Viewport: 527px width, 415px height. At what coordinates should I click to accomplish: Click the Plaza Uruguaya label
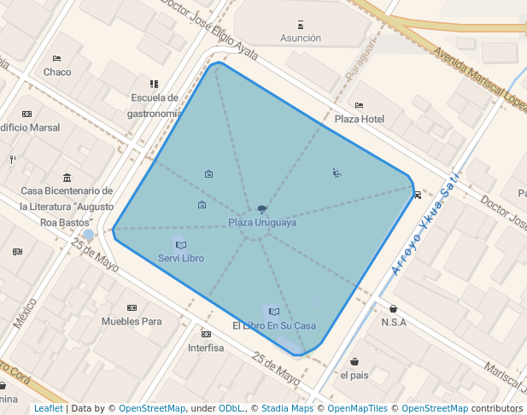262,223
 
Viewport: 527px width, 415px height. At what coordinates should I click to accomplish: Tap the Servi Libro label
181,258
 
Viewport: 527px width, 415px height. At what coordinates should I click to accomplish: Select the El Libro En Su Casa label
274,325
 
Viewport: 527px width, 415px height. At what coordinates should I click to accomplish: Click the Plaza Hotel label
360,119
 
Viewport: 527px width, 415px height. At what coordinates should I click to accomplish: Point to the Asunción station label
301,38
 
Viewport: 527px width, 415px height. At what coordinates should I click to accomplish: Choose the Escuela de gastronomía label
155,105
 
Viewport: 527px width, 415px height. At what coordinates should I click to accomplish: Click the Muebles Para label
132,321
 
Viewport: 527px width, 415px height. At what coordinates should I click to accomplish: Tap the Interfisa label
206,348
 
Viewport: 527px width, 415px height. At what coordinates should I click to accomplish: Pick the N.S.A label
394,322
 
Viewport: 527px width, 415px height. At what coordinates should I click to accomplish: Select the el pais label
354,374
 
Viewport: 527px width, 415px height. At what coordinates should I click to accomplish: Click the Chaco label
57,72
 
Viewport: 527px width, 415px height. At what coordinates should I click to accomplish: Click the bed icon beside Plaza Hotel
359,106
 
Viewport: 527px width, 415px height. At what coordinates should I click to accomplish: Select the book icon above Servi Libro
181,245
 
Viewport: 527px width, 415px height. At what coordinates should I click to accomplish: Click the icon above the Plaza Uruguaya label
262,209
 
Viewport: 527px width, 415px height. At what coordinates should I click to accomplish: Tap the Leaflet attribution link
48,408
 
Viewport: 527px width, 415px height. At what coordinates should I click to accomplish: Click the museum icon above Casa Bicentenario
67,178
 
